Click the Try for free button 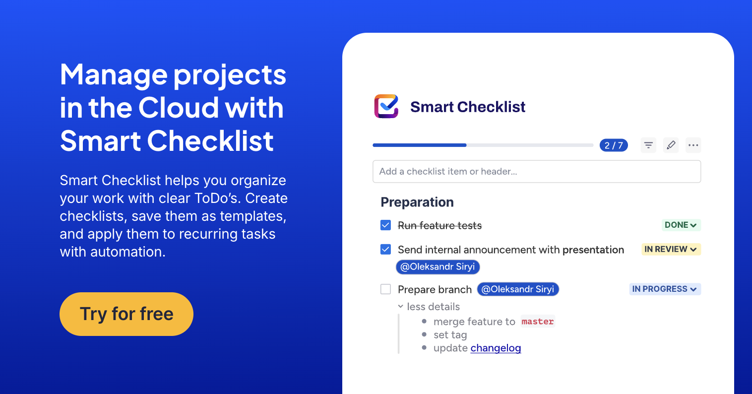click(x=126, y=314)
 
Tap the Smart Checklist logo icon click(x=386, y=106)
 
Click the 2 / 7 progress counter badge click(x=614, y=145)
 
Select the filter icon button click(x=648, y=145)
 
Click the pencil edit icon click(x=671, y=145)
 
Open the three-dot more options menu click(x=693, y=145)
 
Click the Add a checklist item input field click(x=537, y=172)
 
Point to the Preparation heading click(x=417, y=202)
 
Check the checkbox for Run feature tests click(x=385, y=225)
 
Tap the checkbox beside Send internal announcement click(x=385, y=249)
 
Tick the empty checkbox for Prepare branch click(x=385, y=289)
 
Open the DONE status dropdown click(x=681, y=225)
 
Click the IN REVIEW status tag click(x=671, y=249)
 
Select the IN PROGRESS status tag click(x=665, y=289)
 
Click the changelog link click(x=496, y=348)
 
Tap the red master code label click(x=538, y=322)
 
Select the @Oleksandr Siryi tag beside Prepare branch click(x=518, y=289)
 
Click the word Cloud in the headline click(x=178, y=108)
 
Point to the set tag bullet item click(x=450, y=335)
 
